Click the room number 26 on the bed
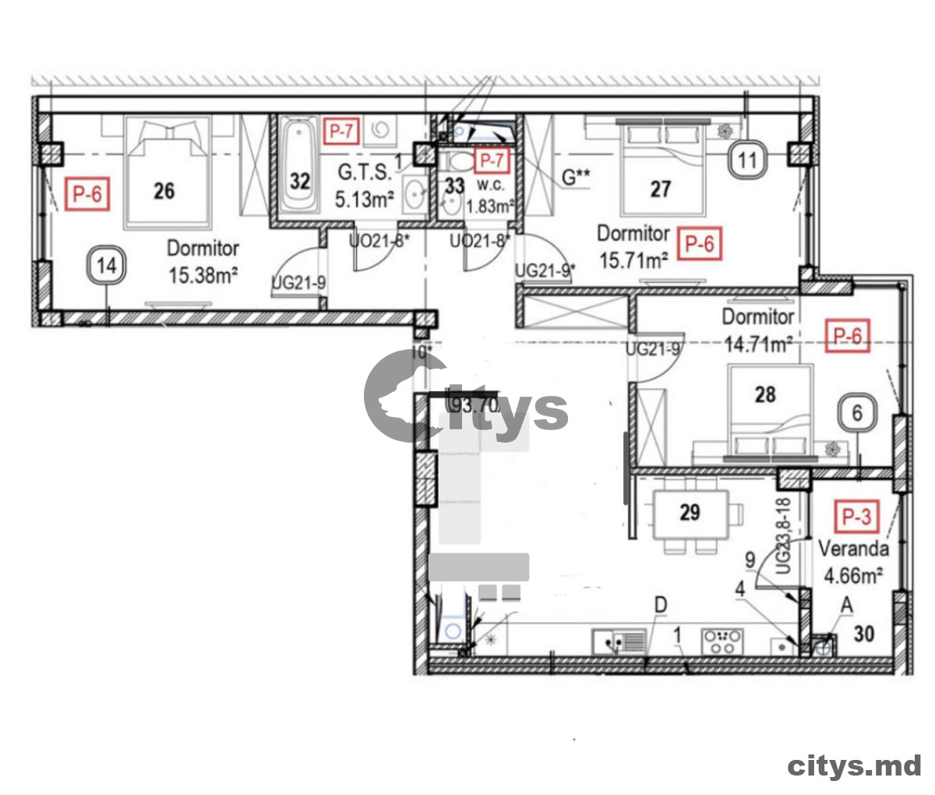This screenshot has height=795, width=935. tap(164, 190)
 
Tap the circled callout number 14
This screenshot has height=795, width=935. tap(107, 266)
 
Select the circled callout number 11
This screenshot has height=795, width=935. tap(747, 161)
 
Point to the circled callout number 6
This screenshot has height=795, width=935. tap(857, 412)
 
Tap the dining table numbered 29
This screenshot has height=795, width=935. tap(690, 513)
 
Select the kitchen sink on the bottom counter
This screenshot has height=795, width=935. tap(619, 642)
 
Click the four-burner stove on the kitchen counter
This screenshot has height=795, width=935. tap(722, 642)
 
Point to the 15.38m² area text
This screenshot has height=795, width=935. tap(203, 275)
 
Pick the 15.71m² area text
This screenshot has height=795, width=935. tap(633, 260)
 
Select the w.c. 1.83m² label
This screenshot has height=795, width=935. tap(489, 198)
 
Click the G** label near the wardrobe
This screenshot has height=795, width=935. tap(576, 177)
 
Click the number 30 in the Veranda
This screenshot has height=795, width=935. tap(863, 634)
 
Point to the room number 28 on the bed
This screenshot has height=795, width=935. tap(765, 394)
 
